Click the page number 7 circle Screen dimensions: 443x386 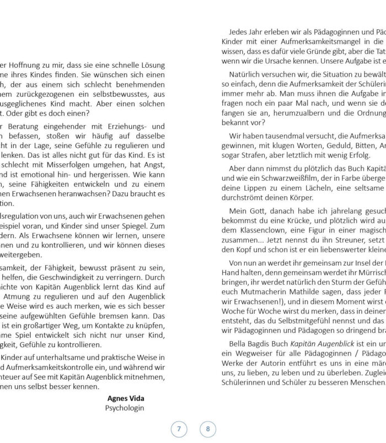(x=179, y=429)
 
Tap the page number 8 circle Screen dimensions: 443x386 (x=208, y=429)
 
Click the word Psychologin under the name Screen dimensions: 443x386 (x=125, y=392)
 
